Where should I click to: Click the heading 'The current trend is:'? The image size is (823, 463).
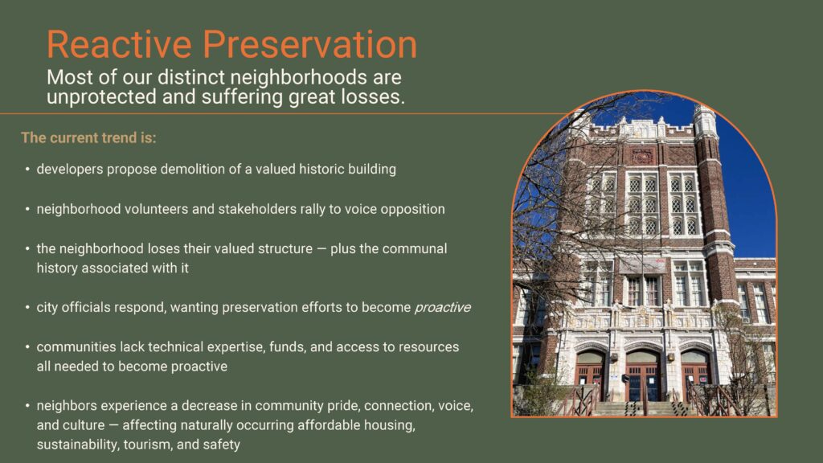point(88,137)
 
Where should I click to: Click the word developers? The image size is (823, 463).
point(68,170)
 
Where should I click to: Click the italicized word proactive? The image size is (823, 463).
point(442,308)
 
